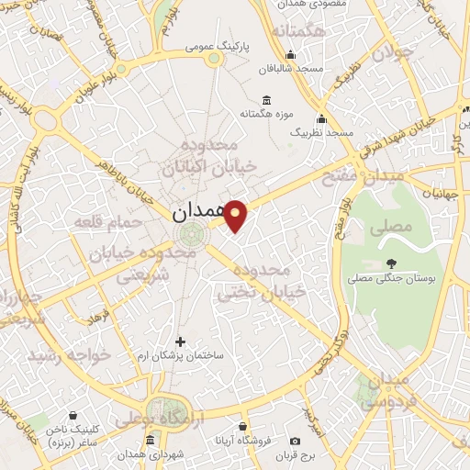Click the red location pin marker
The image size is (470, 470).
(237, 216)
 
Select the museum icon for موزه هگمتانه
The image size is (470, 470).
(266, 100)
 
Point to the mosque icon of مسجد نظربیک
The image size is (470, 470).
(321, 119)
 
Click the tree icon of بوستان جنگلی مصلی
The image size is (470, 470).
(394, 241)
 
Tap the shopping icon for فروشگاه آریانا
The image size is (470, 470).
(242, 427)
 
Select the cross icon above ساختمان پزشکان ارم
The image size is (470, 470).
(180, 341)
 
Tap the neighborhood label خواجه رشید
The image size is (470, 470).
(69, 353)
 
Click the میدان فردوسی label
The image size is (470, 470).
(382, 392)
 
